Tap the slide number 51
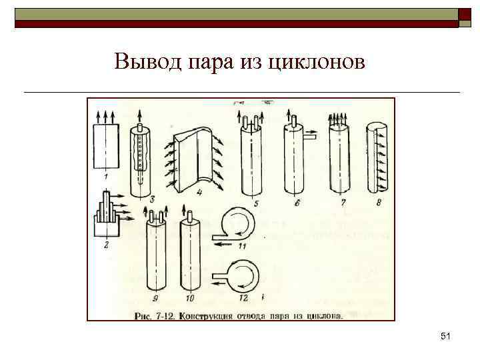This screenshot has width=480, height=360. (446, 338)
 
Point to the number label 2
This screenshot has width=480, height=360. (106, 244)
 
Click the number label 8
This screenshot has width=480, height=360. (378, 202)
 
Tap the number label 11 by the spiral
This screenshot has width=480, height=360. (243, 247)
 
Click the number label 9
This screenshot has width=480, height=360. (155, 297)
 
